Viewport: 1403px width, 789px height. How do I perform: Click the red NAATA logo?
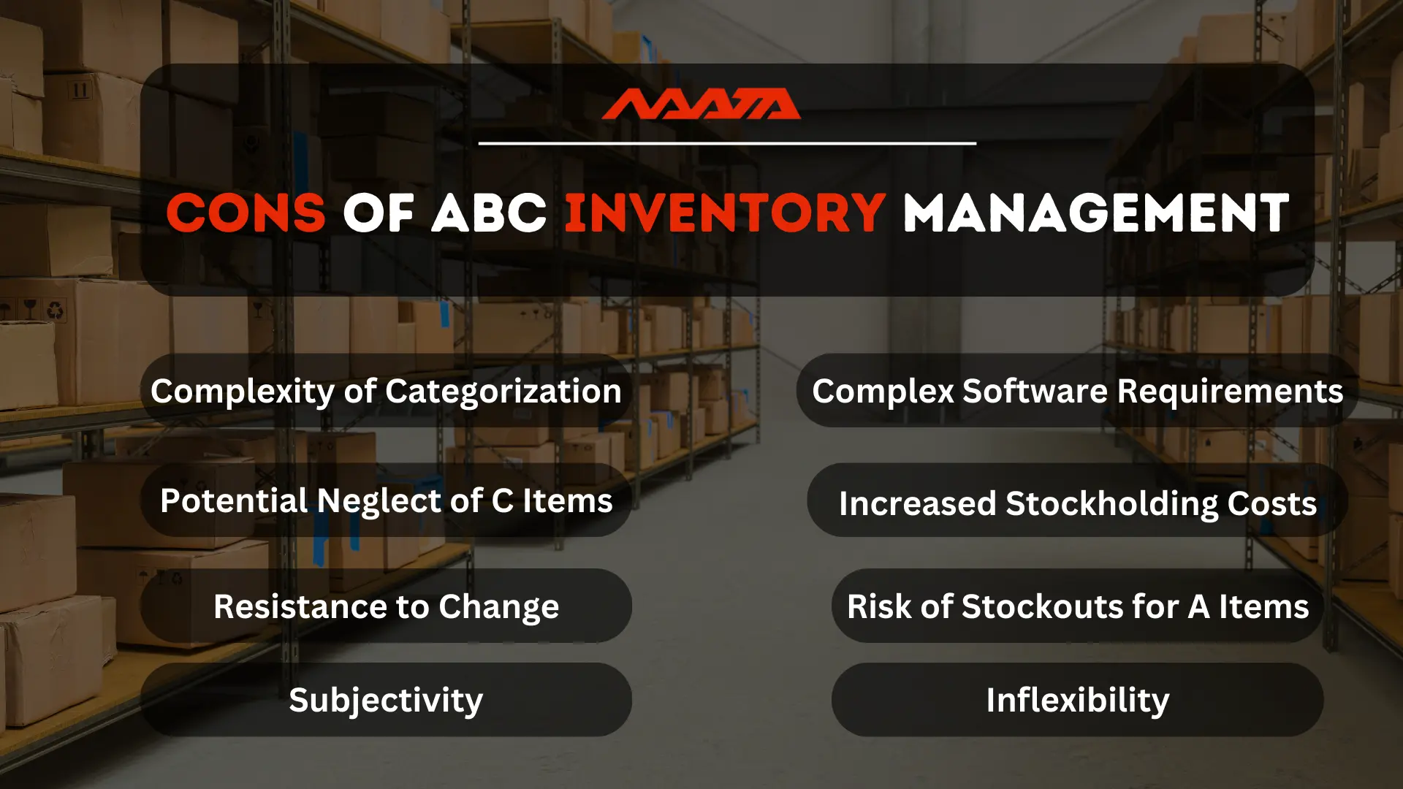click(x=701, y=104)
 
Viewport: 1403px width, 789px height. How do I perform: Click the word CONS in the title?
click(x=246, y=213)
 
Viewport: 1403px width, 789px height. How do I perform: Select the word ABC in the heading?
click(x=489, y=213)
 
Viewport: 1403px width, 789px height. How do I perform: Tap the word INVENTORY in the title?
click(x=725, y=213)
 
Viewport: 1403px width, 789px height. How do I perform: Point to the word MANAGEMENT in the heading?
click(x=1096, y=213)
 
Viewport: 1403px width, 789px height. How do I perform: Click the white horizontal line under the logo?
click(x=727, y=143)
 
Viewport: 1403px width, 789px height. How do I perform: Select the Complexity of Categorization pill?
click(x=386, y=391)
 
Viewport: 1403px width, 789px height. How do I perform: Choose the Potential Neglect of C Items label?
click(x=386, y=500)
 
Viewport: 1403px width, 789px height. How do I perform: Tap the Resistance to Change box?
click(x=386, y=606)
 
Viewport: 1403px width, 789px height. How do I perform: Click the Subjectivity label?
click(x=386, y=700)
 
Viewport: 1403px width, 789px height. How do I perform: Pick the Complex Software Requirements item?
click(x=1077, y=391)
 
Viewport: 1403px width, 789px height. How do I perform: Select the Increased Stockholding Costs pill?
click(x=1077, y=503)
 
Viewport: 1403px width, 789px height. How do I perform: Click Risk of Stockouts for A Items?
click(x=1077, y=606)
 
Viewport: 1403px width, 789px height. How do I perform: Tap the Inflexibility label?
click(x=1077, y=700)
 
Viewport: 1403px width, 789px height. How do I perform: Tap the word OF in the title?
click(x=379, y=213)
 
